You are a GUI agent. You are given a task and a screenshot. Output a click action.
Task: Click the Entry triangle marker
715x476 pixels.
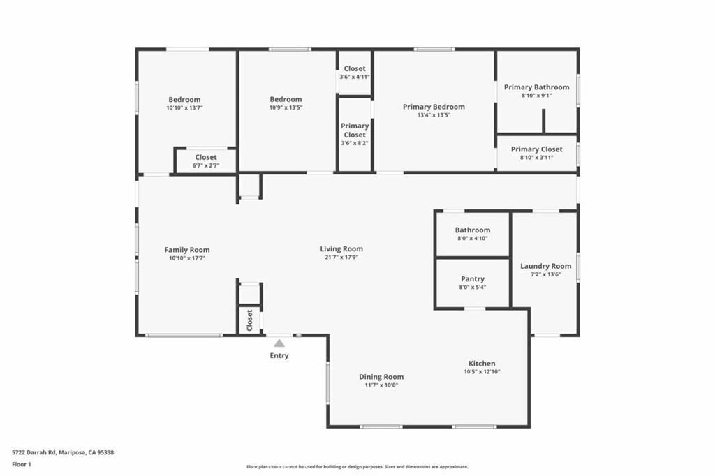279,343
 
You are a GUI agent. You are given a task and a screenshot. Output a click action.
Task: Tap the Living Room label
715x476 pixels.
341,249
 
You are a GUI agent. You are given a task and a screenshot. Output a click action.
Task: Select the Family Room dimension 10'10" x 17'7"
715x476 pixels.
187,258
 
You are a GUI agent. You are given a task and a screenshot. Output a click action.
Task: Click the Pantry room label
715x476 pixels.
473,279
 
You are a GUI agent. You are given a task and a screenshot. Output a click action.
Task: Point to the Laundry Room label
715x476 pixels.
546,267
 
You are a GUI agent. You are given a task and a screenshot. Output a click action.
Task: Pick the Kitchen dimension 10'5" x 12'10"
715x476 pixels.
482,371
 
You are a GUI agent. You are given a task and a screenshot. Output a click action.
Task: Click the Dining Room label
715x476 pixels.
381,377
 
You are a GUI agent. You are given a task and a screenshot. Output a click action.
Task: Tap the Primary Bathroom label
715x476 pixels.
537,87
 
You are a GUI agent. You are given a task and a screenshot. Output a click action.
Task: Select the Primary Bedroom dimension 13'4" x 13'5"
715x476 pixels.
434,115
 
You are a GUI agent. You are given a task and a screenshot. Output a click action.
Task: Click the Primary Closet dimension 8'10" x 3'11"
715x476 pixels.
537,158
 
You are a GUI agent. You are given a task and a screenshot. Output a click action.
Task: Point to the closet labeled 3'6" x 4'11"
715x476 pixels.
355,69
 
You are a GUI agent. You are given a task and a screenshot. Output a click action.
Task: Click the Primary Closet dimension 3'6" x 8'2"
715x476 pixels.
355,143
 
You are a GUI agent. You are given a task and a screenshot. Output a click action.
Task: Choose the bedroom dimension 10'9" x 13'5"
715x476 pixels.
286,107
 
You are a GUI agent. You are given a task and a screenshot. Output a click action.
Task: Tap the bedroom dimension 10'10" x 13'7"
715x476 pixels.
184,108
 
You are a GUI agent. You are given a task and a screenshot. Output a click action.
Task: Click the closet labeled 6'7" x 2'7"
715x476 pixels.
206,157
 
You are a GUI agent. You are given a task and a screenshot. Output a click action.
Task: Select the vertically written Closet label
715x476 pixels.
249,320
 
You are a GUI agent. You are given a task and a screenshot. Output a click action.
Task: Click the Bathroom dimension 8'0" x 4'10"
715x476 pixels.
473,239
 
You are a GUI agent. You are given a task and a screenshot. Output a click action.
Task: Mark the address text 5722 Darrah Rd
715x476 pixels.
34,453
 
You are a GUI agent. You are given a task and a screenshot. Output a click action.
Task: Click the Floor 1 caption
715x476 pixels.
22,465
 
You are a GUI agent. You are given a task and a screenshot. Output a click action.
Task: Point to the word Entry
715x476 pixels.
279,356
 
